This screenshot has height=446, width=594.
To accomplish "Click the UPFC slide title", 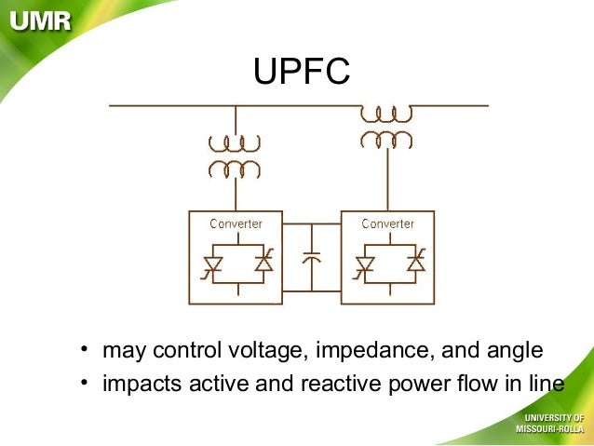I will click(x=302, y=72).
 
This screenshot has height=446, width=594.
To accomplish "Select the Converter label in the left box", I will click(x=236, y=223).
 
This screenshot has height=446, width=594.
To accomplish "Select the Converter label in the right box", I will click(x=387, y=223).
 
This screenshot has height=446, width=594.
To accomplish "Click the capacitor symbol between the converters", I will click(x=312, y=256).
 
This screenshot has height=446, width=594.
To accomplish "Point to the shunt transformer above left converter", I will click(x=235, y=156).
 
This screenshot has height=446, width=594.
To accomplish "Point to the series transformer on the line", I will click(x=386, y=126).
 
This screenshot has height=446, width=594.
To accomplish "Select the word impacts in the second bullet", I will click(x=136, y=384).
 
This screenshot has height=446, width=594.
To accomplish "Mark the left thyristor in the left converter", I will click(x=212, y=264).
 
